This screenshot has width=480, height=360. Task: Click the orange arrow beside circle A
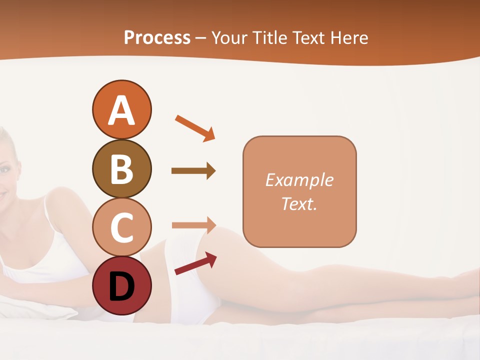tap(195, 127)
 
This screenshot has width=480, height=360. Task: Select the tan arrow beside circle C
tap(193, 225)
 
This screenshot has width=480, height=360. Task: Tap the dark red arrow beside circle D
tap(195, 263)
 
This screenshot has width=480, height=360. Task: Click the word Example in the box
tap(299, 180)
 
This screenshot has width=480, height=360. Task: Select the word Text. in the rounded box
tap(299, 204)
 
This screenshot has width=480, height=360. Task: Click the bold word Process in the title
tap(157, 37)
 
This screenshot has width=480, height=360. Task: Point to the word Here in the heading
tap(349, 37)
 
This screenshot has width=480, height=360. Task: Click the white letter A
tap(121, 110)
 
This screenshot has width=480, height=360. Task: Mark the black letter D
tap(121, 286)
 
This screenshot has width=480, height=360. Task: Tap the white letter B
tap(121, 169)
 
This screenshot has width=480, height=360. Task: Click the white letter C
tap(121, 227)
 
